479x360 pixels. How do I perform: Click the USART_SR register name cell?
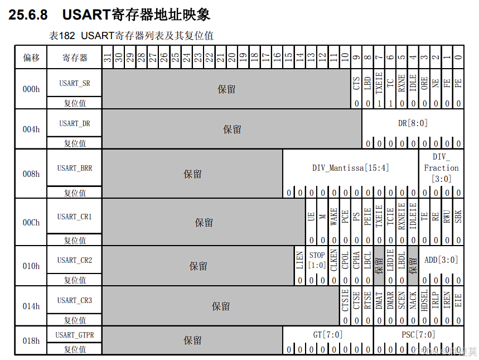tap(74, 83)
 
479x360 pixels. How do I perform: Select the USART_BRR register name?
tap(74, 167)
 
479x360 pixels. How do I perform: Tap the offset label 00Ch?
tap(31, 222)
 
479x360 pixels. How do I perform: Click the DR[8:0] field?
tap(413, 123)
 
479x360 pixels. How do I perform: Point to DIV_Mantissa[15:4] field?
tap(351, 167)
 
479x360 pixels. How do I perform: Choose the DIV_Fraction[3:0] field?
tap(441, 167)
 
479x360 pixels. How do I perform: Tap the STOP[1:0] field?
tap(317, 260)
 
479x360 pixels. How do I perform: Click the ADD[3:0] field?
tap(441, 260)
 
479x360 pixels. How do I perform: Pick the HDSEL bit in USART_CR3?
tap(424, 301)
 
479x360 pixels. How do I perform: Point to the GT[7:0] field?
tap(328, 335)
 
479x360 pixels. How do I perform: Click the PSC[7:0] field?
tap(418, 335)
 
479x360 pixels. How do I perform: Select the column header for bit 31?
tap(108, 57)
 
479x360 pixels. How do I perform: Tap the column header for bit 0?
tap(458, 57)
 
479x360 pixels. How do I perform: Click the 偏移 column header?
tap(31, 57)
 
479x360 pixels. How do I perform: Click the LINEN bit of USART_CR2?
tap(300, 260)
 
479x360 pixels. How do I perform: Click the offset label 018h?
tap(31, 340)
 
